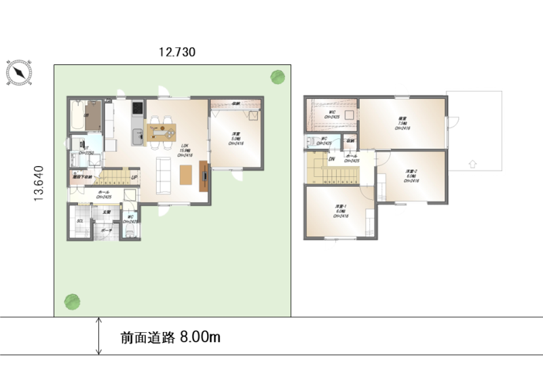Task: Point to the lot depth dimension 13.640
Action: point(40,183)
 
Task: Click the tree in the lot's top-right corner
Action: point(277,77)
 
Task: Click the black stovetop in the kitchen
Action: point(136,108)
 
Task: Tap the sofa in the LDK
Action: point(163,175)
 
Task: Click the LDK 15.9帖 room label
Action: point(184,150)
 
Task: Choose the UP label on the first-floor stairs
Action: point(134,178)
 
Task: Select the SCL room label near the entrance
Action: point(79,222)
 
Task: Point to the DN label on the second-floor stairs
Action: point(331,159)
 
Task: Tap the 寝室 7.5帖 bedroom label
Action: point(403,123)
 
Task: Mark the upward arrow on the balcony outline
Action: point(473,163)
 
